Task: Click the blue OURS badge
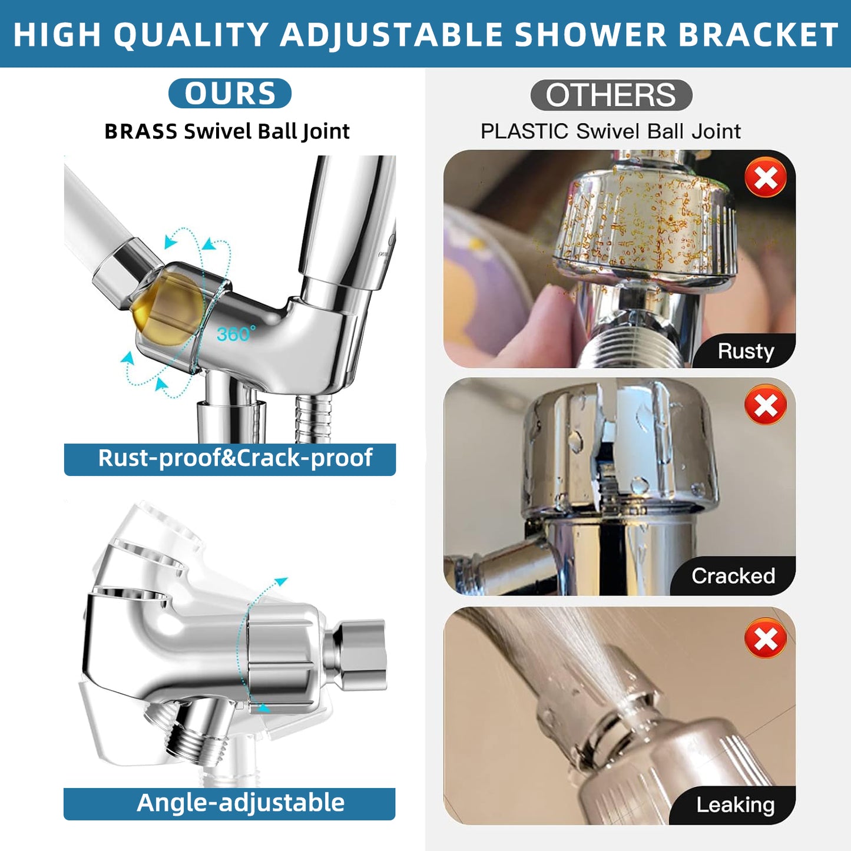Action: tap(230, 94)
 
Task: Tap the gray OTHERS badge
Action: tap(611, 95)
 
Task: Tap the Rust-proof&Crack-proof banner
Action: tap(230, 459)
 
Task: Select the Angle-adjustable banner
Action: tap(230, 803)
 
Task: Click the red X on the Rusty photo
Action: tap(765, 177)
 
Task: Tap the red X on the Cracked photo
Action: tap(765, 405)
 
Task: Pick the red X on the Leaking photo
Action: tap(765, 638)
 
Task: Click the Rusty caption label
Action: tap(745, 352)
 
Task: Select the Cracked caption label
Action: tap(733, 576)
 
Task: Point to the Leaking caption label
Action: tap(735, 805)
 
